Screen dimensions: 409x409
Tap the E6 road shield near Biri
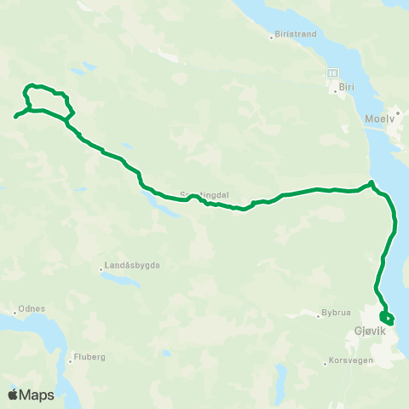click(x=333, y=73)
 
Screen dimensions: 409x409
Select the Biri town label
click(x=346, y=86)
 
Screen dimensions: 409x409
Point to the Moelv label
click(x=381, y=119)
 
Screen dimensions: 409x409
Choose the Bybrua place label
click(x=336, y=313)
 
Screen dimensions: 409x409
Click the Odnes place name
click(x=31, y=308)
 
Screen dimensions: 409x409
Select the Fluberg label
click(x=89, y=357)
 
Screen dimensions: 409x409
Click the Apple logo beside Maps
click(x=14, y=395)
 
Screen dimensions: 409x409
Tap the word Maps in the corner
click(x=37, y=395)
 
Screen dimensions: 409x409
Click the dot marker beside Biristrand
click(x=270, y=36)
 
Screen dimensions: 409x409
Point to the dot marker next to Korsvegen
click(x=325, y=364)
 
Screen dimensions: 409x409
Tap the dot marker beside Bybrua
click(x=316, y=314)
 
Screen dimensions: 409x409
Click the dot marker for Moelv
click(x=397, y=112)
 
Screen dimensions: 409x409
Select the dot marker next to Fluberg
click(x=70, y=359)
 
